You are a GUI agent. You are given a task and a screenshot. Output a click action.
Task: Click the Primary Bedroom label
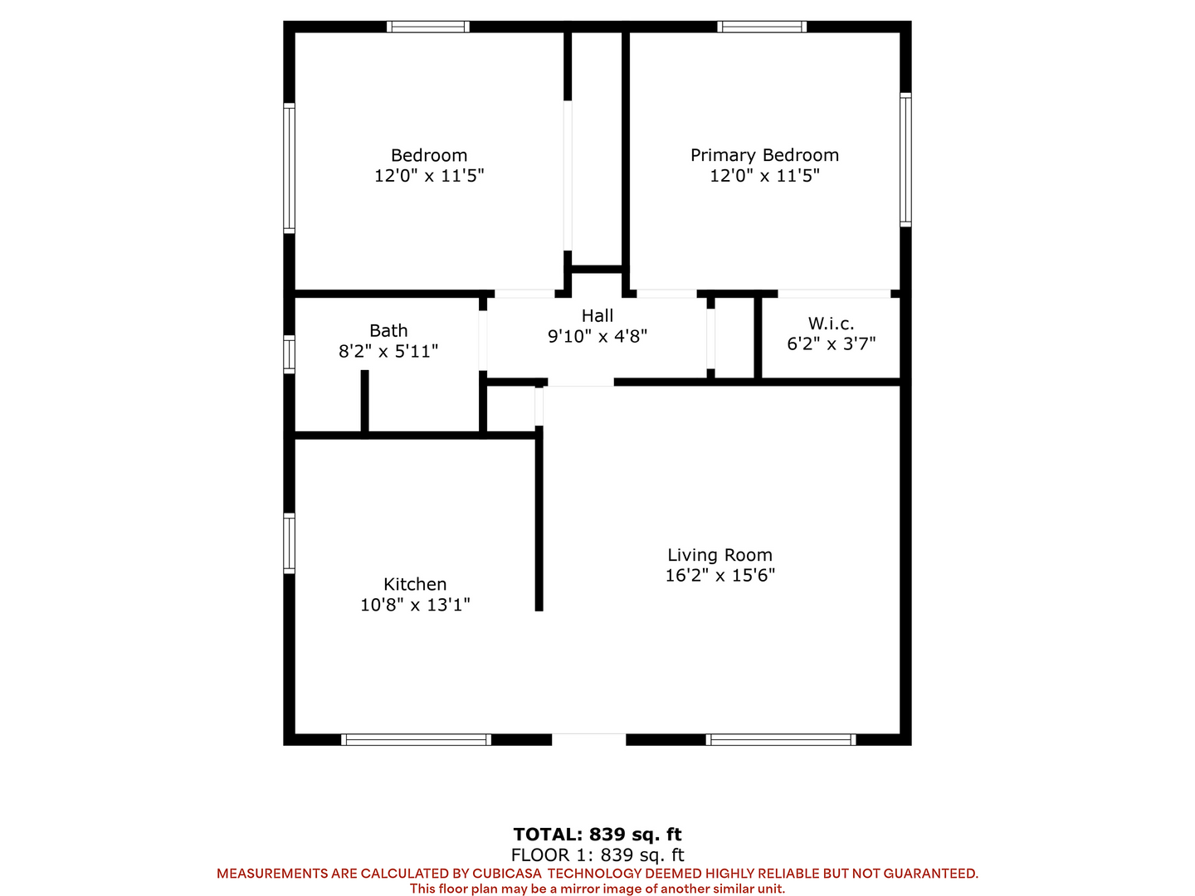(x=763, y=155)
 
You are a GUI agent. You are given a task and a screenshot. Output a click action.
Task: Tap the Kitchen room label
(x=415, y=584)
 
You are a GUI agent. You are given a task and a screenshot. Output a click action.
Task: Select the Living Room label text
(x=719, y=555)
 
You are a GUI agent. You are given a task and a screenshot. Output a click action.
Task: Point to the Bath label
(x=388, y=331)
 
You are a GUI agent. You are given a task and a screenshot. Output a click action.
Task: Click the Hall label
(x=597, y=315)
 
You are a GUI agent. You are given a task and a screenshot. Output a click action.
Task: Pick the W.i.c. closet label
(x=831, y=324)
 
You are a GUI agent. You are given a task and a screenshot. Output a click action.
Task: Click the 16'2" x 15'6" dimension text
(x=719, y=576)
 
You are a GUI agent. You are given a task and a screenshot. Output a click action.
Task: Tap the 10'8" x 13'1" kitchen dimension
(x=415, y=605)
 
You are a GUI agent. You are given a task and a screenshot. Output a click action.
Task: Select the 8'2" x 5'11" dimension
(x=388, y=352)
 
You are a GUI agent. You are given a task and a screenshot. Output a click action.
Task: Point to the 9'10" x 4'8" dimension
(x=597, y=336)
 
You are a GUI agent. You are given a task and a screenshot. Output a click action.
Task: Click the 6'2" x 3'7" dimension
(x=831, y=343)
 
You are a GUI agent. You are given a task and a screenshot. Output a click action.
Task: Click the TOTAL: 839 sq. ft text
(x=597, y=834)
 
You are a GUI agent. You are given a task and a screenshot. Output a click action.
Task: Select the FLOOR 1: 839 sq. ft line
(x=597, y=855)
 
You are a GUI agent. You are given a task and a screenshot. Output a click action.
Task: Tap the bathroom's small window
(x=289, y=355)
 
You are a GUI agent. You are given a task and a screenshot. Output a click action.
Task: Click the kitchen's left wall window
(x=289, y=543)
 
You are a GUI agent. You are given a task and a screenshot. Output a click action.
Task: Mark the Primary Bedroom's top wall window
(x=762, y=27)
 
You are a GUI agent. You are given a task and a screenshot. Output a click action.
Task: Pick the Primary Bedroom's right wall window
(x=905, y=160)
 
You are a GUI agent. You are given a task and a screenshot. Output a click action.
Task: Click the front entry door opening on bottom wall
(x=588, y=739)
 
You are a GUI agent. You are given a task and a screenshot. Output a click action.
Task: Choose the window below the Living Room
(x=781, y=739)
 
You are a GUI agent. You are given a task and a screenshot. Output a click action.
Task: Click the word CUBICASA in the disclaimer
(x=507, y=874)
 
